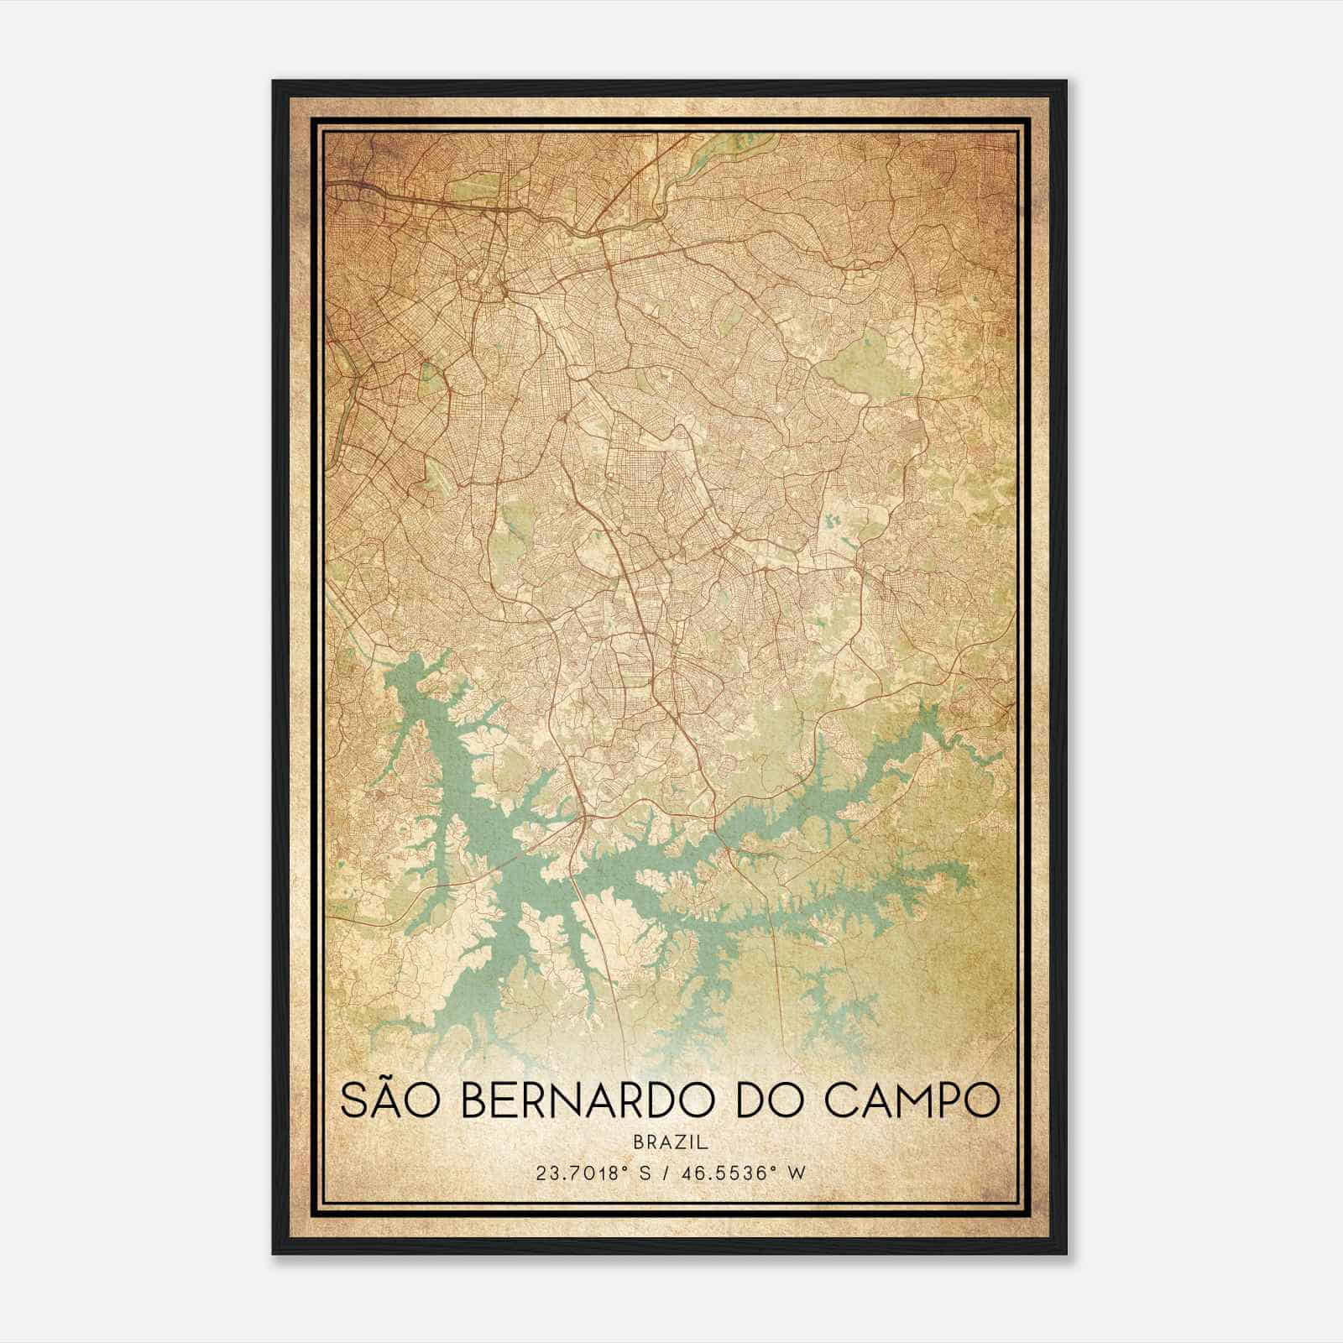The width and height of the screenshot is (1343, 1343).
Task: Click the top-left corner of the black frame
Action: pyautogui.click(x=274, y=82)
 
